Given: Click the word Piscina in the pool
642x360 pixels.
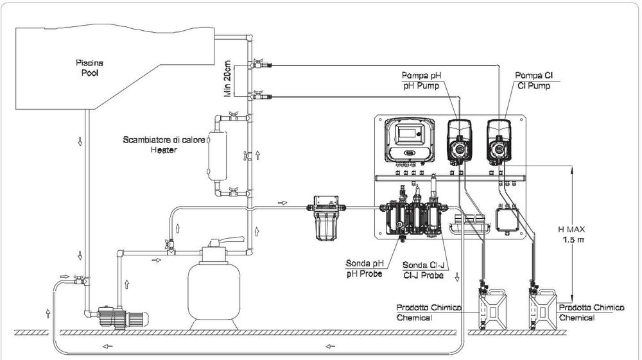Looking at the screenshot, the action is pyautogui.click(x=89, y=63).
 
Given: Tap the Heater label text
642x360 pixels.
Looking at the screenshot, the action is pyautogui.click(x=164, y=150).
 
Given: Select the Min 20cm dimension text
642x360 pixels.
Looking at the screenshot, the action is pyautogui.click(x=228, y=79).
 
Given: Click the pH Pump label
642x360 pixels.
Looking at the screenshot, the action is pyautogui.click(x=421, y=86).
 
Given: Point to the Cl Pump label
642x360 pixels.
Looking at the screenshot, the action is pyautogui.click(x=534, y=86).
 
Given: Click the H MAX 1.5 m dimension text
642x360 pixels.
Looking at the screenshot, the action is pyautogui.click(x=571, y=234).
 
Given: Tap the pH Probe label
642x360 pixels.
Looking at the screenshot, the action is pyautogui.click(x=365, y=273).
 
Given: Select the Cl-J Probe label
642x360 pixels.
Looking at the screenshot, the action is pyautogui.click(x=423, y=275).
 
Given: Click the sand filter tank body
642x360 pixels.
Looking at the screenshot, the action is pyautogui.click(x=214, y=291).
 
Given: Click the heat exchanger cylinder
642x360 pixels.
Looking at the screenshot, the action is pyautogui.click(x=217, y=156).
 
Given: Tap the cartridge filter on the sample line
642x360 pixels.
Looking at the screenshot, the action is pyautogui.click(x=326, y=218).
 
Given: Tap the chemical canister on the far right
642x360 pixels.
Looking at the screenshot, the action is pyautogui.click(x=543, y=309).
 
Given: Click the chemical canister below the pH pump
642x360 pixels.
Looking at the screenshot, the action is pyautogui.click(x=493, y=309).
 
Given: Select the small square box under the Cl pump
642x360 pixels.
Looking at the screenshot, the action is pyautogui.click(x=507, y=220).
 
